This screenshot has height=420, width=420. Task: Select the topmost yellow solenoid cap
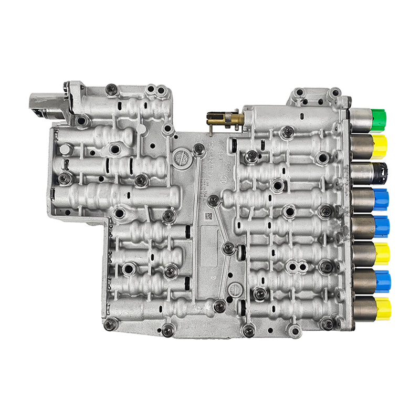click(380, 146)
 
